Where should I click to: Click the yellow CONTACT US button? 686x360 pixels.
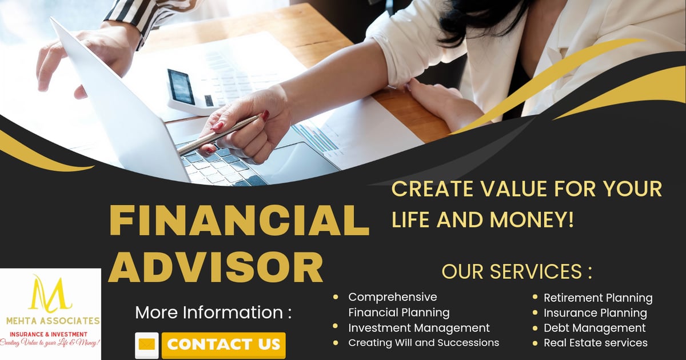tap(224, 345)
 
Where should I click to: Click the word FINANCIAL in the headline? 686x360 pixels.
tap(239, 221)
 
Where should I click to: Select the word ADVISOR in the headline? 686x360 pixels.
tap(216, 266)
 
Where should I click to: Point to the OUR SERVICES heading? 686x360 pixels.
tap(516, 271)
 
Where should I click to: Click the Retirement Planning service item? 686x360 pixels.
tap(597, 298)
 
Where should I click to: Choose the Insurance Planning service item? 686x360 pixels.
tap(595, 313)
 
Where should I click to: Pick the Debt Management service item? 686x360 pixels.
tap(595, 328)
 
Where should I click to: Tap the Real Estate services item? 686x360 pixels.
tap(595, 343)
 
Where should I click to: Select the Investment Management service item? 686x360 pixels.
tap(419, 328)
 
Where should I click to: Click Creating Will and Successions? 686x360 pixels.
tap(424, 343)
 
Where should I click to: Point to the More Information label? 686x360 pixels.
tap(213, 313)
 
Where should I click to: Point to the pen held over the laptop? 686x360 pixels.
tap(217, 135)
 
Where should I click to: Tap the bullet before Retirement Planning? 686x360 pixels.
tap(536, 298)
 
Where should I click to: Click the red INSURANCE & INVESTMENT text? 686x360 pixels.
tap(49, 334)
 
